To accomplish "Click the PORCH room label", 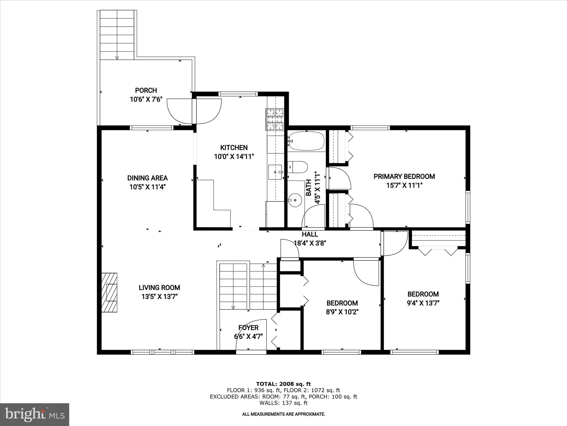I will [x=146, y=90].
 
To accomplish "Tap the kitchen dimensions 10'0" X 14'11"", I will [x=234, y=157].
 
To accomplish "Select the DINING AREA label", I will [x=147, y=178].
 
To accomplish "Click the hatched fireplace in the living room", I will [x=109, y=293].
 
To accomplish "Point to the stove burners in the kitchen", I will [x=275, y=120].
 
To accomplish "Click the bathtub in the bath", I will [x=306, y=141].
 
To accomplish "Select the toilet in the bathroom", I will [x=298, y=167].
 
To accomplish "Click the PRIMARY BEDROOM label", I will [x=404, y=176].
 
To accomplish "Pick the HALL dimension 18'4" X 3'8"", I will [x=310, y=243].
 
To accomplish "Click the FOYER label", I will [x=248, y=328].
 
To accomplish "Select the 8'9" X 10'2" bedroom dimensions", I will [x=342, y=312].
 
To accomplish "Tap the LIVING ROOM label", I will [x=159, y=288].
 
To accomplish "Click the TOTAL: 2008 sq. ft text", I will [x=283, y=384].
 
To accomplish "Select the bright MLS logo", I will [x=34, y=415].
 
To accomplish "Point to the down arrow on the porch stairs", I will [x=117, y=58].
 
